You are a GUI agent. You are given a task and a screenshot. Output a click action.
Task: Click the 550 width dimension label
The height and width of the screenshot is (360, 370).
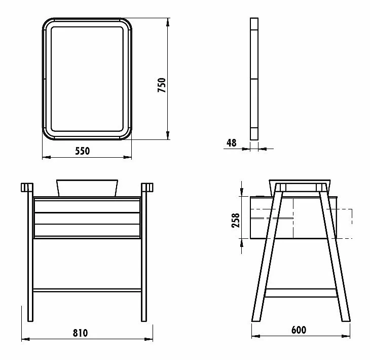click(x=82, y=151)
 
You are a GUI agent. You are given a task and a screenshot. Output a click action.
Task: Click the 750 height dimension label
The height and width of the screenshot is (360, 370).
click(x=162, y=85)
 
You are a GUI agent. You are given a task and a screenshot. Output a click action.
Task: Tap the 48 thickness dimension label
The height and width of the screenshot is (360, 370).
click(x=231, y=143)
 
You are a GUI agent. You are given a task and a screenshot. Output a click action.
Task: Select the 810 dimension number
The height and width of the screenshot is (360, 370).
click(x=80, y=333)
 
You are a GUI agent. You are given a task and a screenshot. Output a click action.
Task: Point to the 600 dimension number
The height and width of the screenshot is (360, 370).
click(x=299, y=330)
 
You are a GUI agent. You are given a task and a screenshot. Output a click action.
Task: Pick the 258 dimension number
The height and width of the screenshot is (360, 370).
click(x=236, y=221)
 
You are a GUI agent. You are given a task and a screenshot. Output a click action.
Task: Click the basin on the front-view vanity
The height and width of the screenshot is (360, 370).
click(x=87, y=188)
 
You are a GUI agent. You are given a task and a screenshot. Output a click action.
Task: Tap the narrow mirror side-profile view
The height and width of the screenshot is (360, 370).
click(x=254, y=79)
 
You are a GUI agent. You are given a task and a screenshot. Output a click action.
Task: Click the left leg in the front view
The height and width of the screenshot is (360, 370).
click(x=30, y=253)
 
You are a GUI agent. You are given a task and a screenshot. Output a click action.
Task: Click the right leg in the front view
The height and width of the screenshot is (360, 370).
click(x=144, y=253)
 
